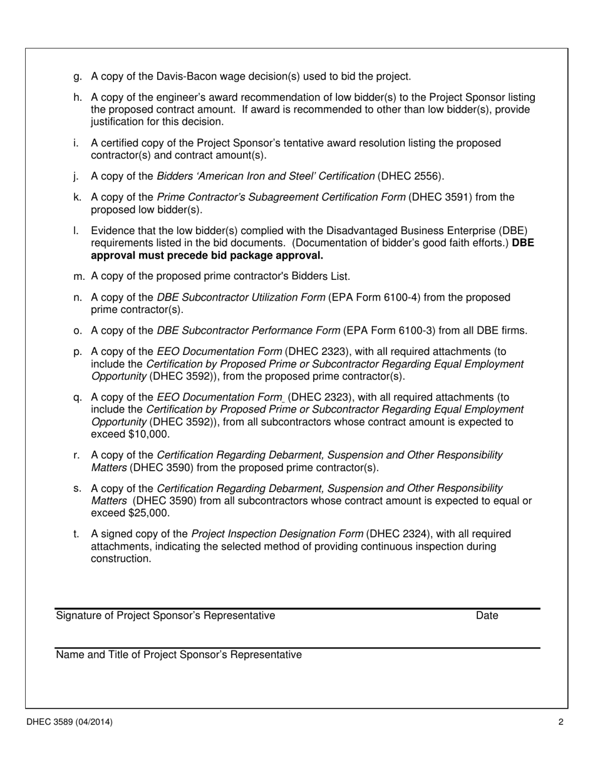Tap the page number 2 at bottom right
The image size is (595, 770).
coord(561,722)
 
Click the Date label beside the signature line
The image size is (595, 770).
coord(487,615)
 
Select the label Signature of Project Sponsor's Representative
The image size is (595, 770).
coord(165,615)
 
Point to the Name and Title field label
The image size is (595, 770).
coord(178,655)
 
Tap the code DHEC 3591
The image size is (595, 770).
coord(442,197)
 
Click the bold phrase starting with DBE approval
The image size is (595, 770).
coord(207,255)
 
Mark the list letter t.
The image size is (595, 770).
coord(76,534)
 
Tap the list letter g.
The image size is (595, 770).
coord(77,76)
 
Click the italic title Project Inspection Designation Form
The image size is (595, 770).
coord(277,534)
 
